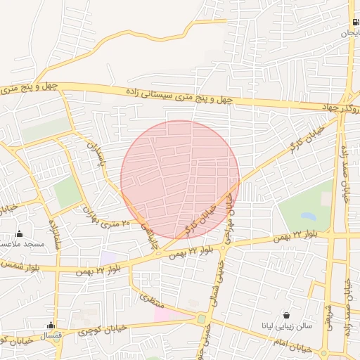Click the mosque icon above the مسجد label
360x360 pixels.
19,233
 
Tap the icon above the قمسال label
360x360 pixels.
50,325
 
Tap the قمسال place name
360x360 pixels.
52,336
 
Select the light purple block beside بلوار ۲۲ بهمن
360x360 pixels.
110,258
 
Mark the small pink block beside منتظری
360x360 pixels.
162,314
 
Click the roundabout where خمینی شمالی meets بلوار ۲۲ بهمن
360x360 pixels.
224,247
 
